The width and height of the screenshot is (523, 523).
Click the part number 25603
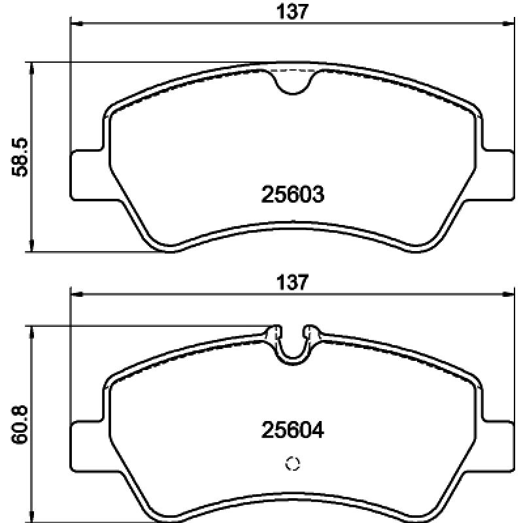(x=293, y=194)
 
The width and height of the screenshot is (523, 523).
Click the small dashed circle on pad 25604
(x=293, y=464)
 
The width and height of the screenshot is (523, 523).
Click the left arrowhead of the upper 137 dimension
(x=75, y=24)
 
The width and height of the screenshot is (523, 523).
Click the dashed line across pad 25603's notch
(x=293, y=69)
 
